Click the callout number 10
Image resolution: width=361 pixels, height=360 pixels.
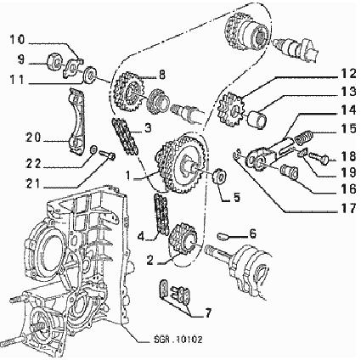click(17, 41)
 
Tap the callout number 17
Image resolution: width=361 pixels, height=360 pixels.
click(347, 209)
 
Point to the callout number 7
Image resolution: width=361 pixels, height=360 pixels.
click(208, 313)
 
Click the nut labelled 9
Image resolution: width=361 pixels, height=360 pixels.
click(54, 62)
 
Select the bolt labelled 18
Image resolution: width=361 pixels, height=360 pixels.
click(319, 158)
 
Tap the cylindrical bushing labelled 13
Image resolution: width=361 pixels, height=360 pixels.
click(257, 119)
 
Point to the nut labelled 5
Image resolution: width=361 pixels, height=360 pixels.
click(219, 177)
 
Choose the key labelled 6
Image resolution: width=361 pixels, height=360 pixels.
click(223, 236)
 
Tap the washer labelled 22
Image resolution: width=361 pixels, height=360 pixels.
click(93, 149)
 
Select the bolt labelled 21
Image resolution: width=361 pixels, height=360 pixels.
click(107, 155)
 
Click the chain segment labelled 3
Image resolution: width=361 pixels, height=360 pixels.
click(125, 137)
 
